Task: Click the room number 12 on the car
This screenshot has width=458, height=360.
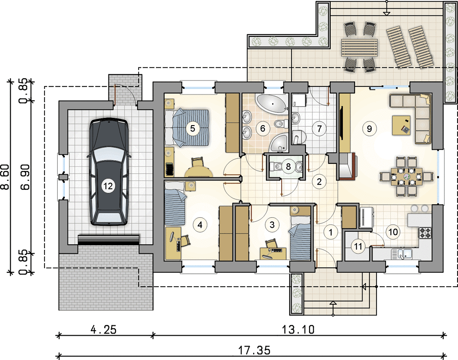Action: [108, 186]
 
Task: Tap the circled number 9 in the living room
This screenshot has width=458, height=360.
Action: [369, 128]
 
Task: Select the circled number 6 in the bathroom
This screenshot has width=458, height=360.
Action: [263, 128]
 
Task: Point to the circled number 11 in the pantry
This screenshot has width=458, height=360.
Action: [358, 247]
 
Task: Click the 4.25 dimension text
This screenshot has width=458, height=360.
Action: [103, 329]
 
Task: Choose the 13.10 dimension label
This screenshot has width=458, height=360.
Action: [298, 329]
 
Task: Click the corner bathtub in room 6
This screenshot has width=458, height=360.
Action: [271, 103]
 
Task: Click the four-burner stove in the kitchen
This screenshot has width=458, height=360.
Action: [425, 233]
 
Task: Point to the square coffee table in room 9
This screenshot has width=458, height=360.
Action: [401, 125]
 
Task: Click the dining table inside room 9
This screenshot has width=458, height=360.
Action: [407, 176]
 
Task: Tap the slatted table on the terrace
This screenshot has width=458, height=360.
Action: [359, 48]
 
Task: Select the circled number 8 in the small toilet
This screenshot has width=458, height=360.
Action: [288, 166]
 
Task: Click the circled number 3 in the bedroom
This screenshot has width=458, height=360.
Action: [272, 225]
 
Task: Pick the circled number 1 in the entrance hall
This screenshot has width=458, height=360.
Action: [331, 232]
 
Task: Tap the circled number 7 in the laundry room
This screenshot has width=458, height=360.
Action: [319, 128]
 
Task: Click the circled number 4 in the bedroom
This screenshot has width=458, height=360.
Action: [200, 225]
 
